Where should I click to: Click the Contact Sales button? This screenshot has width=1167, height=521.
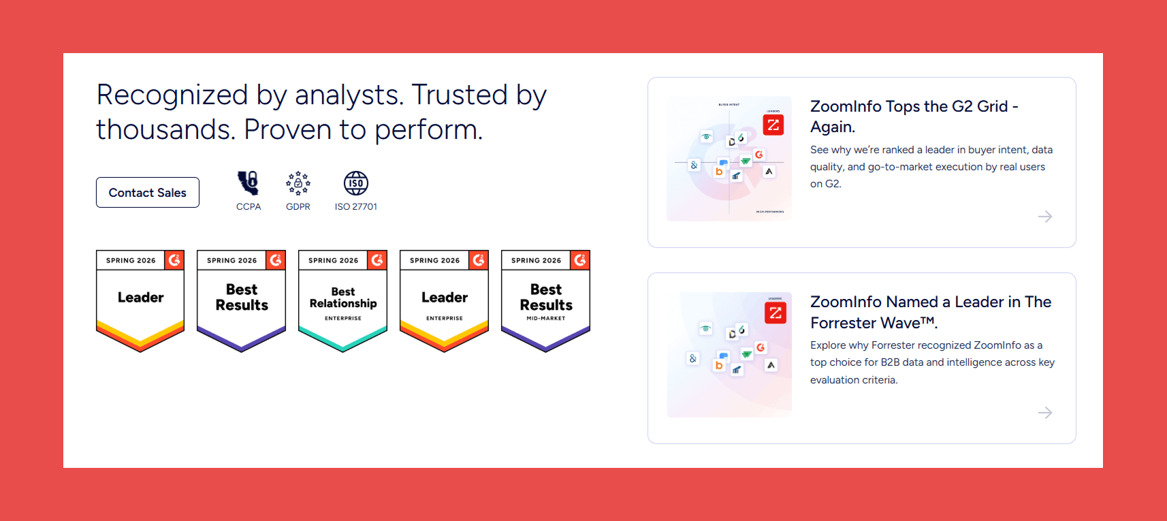click(147, 193)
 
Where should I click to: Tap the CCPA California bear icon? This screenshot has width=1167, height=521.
click(248, 183)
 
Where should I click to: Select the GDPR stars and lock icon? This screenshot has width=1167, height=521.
click(298, 183)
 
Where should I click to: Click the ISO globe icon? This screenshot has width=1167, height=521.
click(355, 183)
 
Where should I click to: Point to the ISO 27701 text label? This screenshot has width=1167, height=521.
click(355, 207)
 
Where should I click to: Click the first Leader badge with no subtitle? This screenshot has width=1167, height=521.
click(140, 300)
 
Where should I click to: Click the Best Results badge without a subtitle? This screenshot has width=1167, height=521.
click(241, 300)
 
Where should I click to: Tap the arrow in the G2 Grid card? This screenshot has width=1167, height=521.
click(1044, 217)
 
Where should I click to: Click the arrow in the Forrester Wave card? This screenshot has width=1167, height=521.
click(1044, 413)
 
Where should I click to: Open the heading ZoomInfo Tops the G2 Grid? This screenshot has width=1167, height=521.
click(914, 116)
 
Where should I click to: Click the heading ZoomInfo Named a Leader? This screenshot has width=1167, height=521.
click(930, 312)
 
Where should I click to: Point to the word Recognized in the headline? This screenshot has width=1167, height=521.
click(172, 95)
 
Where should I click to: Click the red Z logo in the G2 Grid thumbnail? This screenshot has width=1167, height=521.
click(773, 125)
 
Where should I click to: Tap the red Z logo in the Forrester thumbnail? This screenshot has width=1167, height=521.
click(775, 313)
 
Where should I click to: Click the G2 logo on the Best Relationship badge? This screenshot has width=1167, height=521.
click(377, 260)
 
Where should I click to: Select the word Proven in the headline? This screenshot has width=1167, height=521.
click(287, 129)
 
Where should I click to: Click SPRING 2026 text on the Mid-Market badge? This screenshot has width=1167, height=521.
click(536, 261)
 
